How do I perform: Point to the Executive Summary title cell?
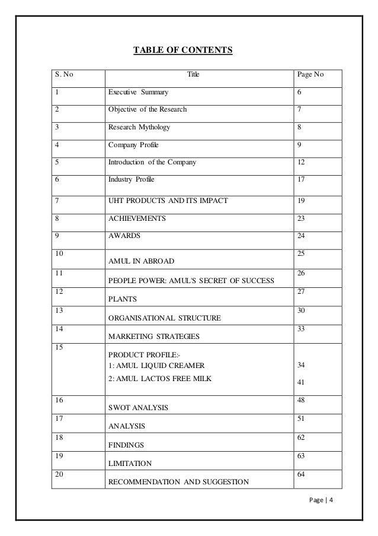137,93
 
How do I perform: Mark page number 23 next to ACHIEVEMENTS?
302,218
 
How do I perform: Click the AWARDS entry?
124,236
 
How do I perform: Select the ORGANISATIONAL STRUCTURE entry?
164,318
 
